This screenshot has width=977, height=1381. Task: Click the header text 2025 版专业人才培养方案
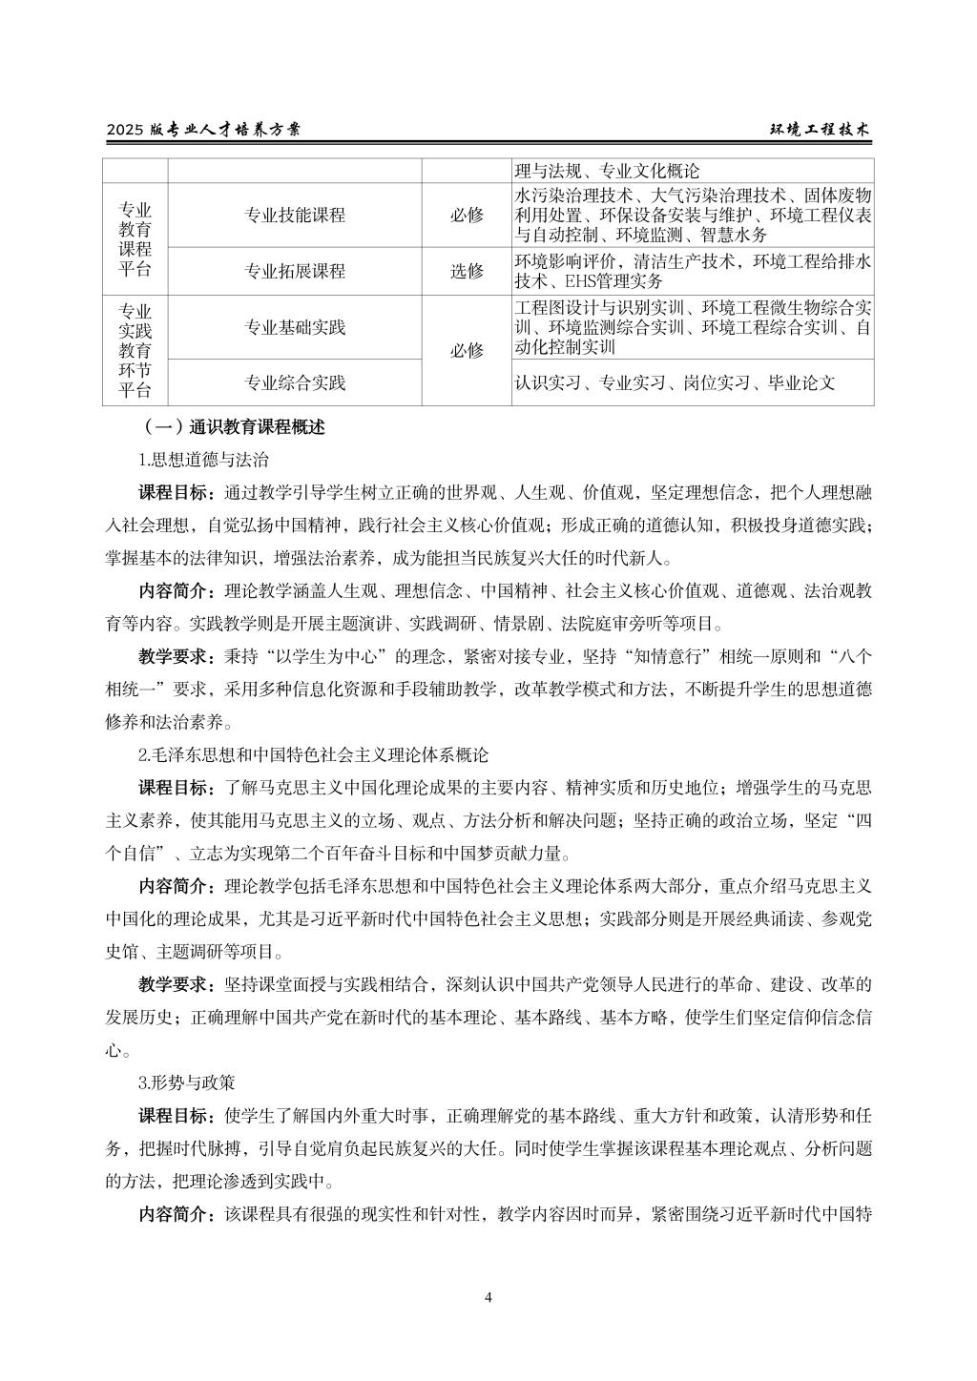(203, 131)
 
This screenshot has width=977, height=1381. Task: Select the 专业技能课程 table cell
(295, 216)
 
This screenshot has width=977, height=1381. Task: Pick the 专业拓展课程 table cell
(295, 271)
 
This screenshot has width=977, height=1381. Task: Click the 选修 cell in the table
(467, 271)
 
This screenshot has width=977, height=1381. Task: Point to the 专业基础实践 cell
(295, 328)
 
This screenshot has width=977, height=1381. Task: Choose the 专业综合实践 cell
(295, 383)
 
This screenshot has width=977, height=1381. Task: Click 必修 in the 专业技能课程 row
(467, 216)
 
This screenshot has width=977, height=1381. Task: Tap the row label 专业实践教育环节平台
(135, 351)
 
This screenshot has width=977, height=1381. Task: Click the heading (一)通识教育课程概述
(232, 427)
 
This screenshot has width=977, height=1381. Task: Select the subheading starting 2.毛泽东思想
(313, 755)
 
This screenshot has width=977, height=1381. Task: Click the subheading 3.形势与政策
(186, 1083)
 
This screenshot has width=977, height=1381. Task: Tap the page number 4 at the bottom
(488, 1297)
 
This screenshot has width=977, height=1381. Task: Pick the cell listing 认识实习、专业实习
(675, 383)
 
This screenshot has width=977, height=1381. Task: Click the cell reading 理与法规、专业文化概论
(607, 172)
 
